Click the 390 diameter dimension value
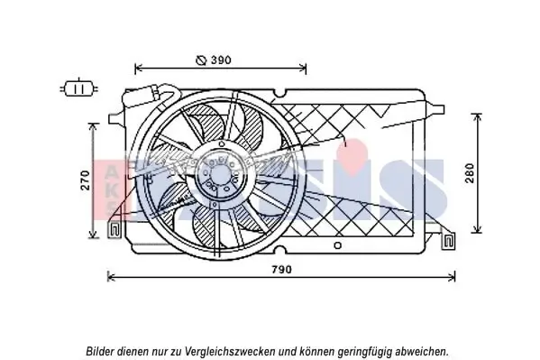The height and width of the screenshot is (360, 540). point(222,60)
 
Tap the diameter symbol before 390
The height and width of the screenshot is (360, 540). point(201,60)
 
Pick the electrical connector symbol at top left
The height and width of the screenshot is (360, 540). point(78,88)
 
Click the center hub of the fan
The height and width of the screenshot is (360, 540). point(220,171)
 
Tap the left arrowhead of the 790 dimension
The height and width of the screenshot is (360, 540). point(110,276)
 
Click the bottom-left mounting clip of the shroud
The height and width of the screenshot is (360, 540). point(115,231)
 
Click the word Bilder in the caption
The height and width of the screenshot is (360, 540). point(103,350)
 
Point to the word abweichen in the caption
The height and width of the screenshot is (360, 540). point(422,350)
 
